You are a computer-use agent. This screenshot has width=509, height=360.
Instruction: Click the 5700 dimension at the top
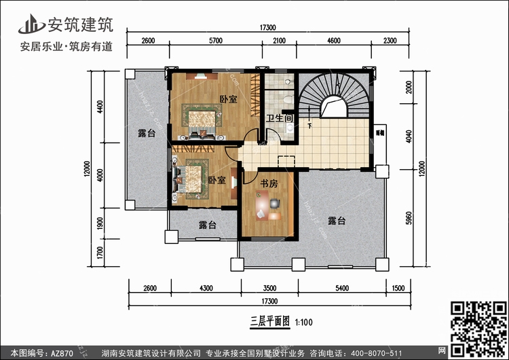[216, 41]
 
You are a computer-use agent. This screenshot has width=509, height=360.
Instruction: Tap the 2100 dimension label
[279, 41]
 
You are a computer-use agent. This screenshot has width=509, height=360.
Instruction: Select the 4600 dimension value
[333, 41]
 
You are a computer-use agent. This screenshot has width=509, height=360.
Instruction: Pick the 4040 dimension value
[407, 136]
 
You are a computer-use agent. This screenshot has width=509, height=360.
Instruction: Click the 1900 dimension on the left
[100, 223]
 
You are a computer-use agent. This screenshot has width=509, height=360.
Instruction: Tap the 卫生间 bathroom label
[278, 118]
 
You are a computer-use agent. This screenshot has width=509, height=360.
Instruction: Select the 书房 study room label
[269, 183]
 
